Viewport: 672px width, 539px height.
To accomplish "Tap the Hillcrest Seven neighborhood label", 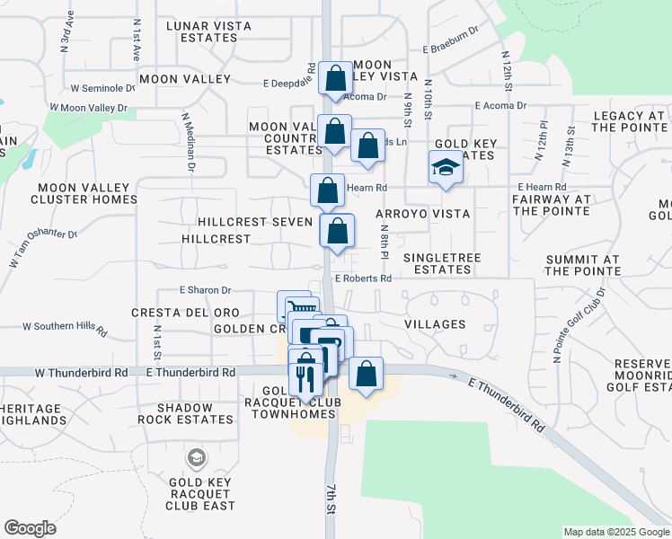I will (x=255, y=222).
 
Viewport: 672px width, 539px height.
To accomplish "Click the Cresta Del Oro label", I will (x=185, y=313).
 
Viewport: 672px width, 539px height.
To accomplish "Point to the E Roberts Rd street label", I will (x=364, y=278).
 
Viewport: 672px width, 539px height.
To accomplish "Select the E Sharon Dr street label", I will (x=206, y=291).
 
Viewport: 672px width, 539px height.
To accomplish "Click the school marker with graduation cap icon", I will (x=444, y=168).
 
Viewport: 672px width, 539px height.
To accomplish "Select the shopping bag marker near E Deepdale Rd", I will (x=335, y=77).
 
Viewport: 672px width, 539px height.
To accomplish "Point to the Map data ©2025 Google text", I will (x=615, y=532).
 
